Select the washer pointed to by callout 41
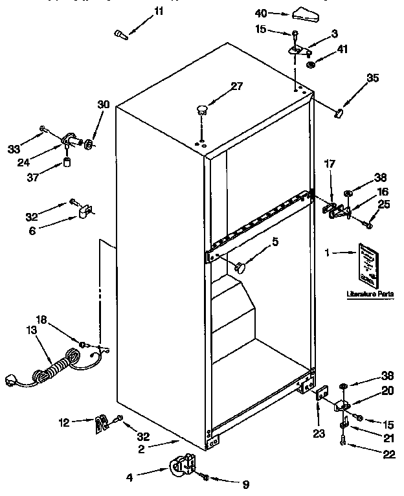311,63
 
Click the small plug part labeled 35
337,114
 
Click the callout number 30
104,104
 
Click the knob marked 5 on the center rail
243,265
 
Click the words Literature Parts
370,293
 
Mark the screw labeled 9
206,478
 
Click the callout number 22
388,455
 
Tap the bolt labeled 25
369,224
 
